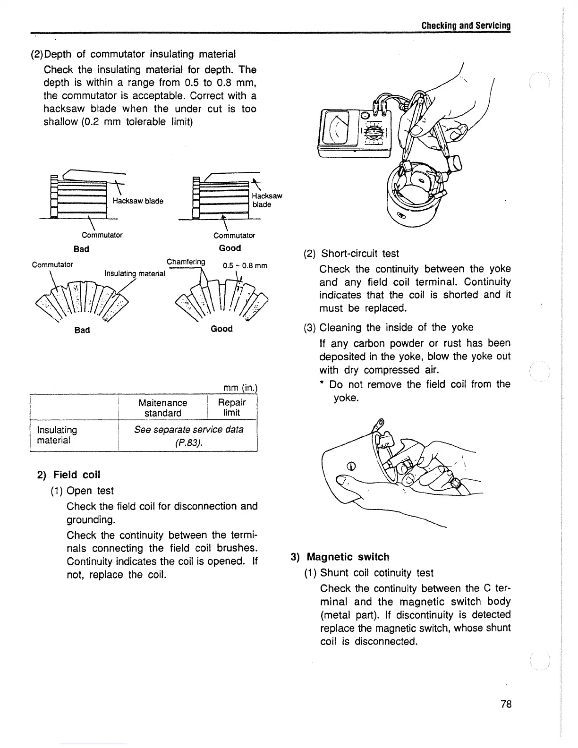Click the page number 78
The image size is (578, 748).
pyautogui.click(x=506, y=704)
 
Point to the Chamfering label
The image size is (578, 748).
pyautogui.click(x=186, y=262)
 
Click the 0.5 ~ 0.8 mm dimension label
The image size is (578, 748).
pyautogui.click(x=245, y=265)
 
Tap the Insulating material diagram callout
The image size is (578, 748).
pyautogui.click(x=135, y=273)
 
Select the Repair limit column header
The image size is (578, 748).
pyautogui.click(x=232, y=407)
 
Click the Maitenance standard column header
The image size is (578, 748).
pyautogui.click(x=162, y=408)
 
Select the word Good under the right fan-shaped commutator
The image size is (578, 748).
pyautogui.click(x=221, y=329)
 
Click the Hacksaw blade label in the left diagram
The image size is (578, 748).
pyautogui.click(x=138, y=201)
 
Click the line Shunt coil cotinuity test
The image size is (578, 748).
pyautogui.click(x=376, y=573)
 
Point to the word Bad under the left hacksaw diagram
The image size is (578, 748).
pyautogui.click(x=81, y=248)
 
